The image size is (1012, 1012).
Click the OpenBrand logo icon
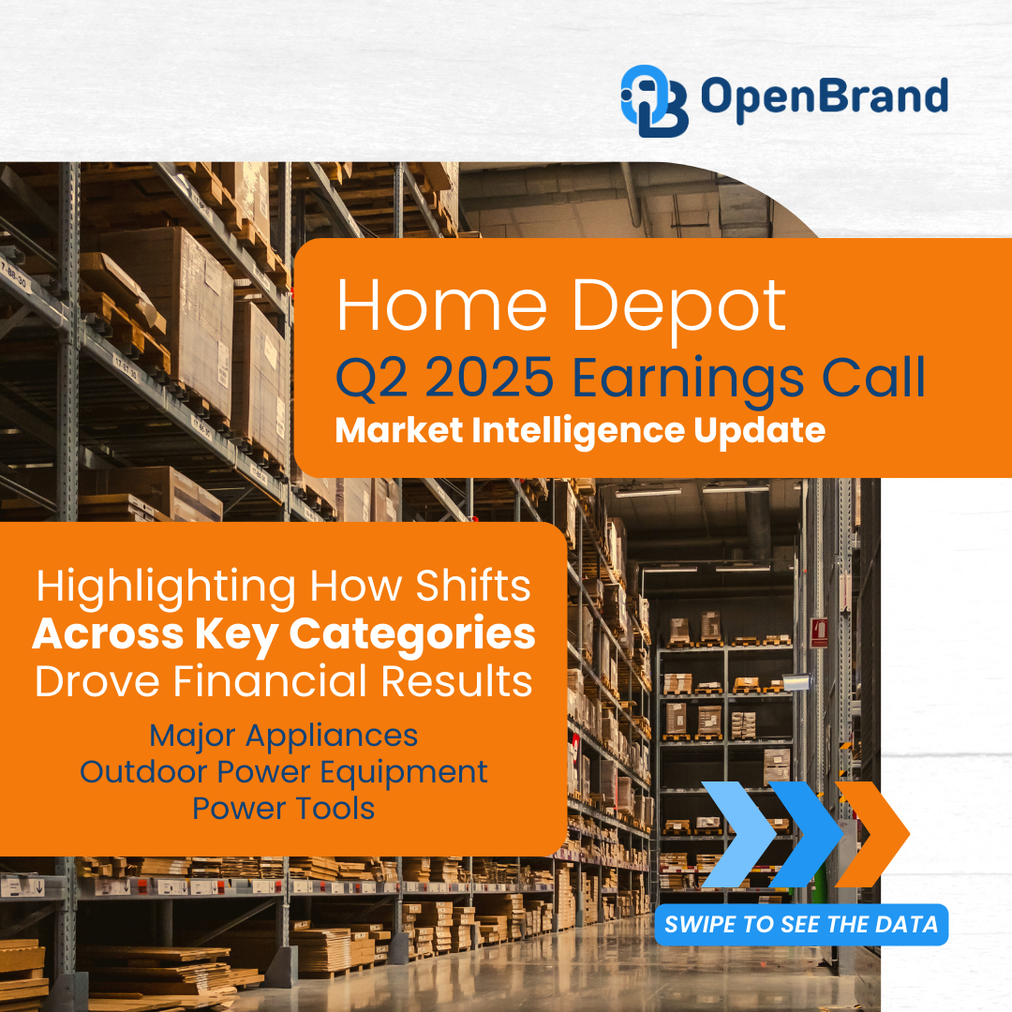point(654,100)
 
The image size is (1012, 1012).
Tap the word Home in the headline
point(442,306)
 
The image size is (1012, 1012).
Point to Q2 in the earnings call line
point(372,379)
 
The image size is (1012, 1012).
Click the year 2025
point(490,377)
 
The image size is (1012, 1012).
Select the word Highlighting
point(166,588)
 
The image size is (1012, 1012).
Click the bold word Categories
point(412,635)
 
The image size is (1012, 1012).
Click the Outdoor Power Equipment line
point(283,773)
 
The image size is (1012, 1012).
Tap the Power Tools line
point(283,808)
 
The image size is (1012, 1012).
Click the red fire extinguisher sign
point(819,633)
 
